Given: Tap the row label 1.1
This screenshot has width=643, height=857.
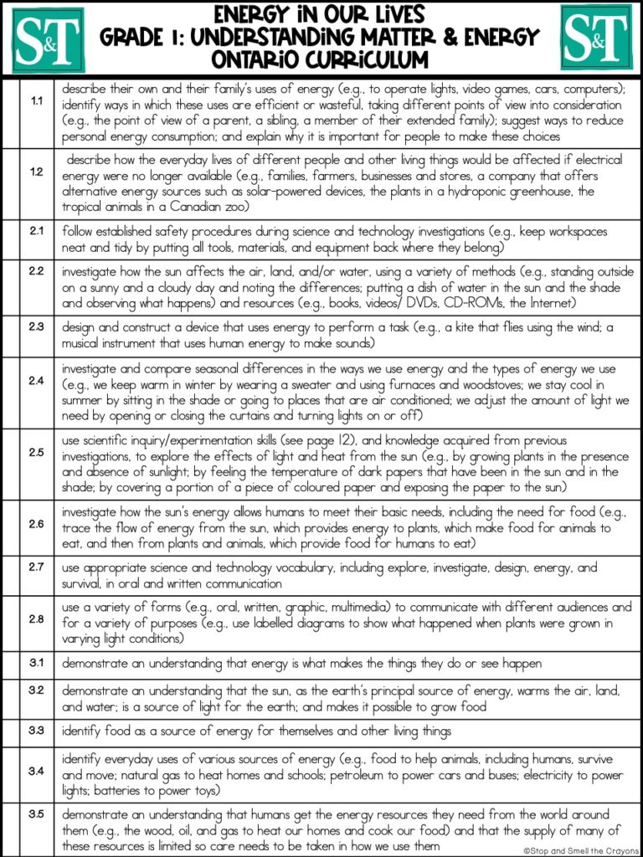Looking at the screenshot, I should pyautogui.click(x=37, y=102).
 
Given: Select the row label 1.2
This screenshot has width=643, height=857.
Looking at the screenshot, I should pyautogui.click(x=37, y=172).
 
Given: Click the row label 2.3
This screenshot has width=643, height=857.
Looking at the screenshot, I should pyautogui.click(x=37, y=326).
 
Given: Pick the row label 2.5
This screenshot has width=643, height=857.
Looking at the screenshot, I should pyautogui.click(x=37, y=452).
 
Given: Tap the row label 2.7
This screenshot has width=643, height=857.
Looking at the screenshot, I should pyautogui.click(x=37, y=567).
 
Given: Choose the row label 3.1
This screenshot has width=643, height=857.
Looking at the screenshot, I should pyautogui.click(x=37, y=662).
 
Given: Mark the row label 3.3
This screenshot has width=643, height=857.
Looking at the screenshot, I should pyautogui.click(x=37, y=731).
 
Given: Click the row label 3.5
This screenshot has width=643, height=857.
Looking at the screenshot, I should pyautogui.click(x=37, y=813).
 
